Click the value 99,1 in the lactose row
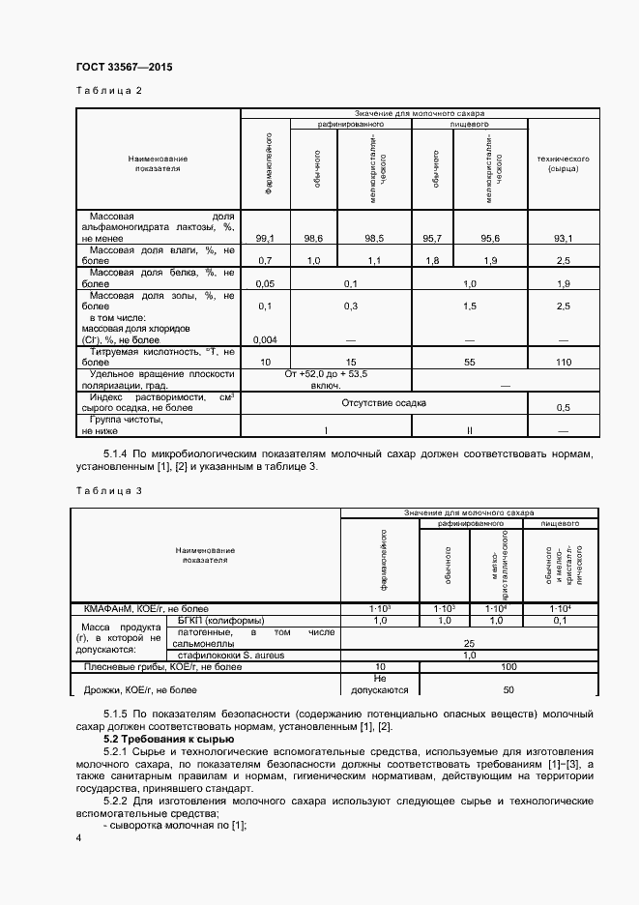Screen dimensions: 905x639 click(265, 238)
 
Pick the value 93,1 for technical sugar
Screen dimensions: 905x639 click(563, 238)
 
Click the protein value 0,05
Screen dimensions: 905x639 click(265, 284)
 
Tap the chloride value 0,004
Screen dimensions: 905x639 click(265, 340)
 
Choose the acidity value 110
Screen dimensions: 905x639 click(563, 361)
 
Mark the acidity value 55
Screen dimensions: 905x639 click(469, 361)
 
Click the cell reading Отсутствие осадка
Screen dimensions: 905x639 click(383, 402)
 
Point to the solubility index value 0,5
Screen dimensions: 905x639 click(563, 408)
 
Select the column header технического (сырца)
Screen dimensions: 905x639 click(563, 162)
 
